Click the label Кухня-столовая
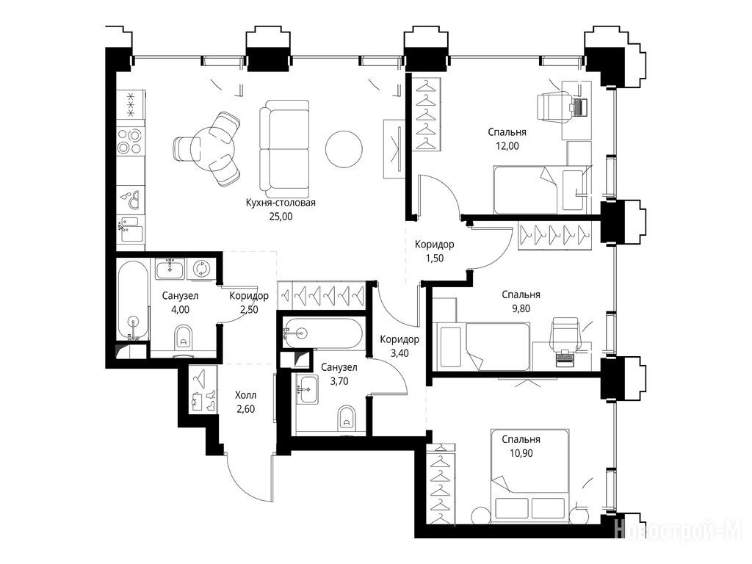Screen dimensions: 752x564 coord(281,203)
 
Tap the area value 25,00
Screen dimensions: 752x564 coord(281,217)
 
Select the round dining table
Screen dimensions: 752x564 coord(209,148)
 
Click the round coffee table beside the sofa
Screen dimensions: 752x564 coord(344,148)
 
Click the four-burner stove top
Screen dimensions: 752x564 coord(130,141)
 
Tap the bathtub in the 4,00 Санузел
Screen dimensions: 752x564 coord(133,300)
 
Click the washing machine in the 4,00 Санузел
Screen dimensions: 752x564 coord(200,269)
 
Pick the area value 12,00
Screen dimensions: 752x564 coord(507,146)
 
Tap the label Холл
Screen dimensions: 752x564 coord(245,395)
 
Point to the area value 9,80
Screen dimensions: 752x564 coord(521,309)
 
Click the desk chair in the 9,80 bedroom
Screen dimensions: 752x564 coord(565,332)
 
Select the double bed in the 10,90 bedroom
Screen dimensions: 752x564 coord(529,477)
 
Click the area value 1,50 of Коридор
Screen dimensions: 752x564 coord(435,258)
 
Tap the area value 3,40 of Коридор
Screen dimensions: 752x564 coord(399,353)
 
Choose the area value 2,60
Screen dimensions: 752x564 coord(245,409)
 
